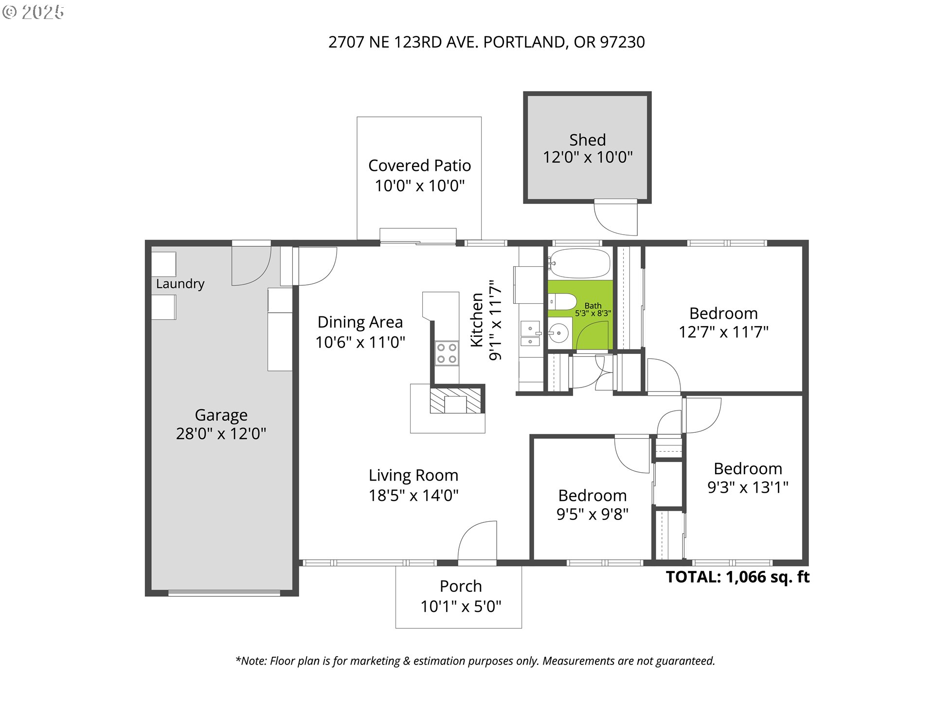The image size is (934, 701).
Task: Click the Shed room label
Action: [587, 140]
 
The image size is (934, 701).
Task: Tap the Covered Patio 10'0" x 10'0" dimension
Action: [419, 185]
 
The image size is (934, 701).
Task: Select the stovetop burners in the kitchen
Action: [447, 353]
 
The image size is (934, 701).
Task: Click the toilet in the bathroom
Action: [562, 302]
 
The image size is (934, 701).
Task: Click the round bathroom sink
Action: [559, 334]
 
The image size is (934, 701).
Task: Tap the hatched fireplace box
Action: [456, 401]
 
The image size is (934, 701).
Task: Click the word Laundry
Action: [180, 284]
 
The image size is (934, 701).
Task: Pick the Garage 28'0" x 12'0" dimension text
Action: [221, 434]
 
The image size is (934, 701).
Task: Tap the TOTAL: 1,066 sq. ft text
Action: [737, 577]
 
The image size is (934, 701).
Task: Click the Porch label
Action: [461, 586]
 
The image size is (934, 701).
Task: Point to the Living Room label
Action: [413, 475]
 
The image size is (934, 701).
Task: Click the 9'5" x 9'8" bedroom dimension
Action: [592, 514]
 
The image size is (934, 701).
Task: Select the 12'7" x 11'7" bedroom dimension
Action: [723, 332]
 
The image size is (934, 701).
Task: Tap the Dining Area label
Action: [360, 322]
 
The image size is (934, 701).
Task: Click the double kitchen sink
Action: [530, 334]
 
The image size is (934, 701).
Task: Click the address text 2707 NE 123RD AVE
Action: [403, 42]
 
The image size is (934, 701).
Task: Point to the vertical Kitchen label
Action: [477, 320]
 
